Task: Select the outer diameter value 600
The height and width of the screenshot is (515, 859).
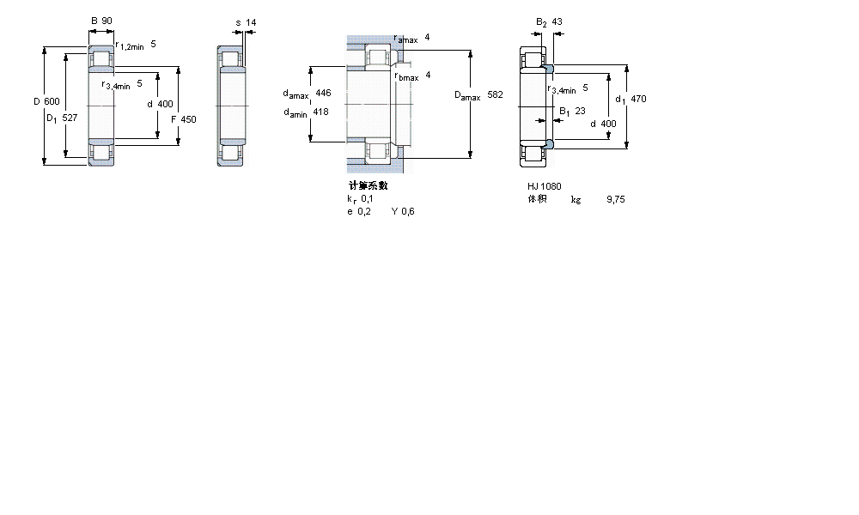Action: click(52, 101)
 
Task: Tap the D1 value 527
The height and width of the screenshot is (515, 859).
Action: click(70, 118)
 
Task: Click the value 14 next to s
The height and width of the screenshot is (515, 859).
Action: click(251, 21)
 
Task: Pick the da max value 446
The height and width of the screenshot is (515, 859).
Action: click(323, 93)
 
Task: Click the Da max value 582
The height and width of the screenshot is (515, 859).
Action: click(495, 94)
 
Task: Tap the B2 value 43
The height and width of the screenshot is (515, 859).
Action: click(558, 21)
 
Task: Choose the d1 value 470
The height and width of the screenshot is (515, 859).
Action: click(637, 99)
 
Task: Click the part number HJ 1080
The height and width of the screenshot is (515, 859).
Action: click(545, 186)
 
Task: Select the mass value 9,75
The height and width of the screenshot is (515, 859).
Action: click(615, 199)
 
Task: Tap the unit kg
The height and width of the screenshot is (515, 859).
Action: click(576, 199)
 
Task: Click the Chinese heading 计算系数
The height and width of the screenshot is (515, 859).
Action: click(368, 185)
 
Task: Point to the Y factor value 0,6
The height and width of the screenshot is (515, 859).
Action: click(409, 211)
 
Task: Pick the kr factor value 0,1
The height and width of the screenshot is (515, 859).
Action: click(367, 198)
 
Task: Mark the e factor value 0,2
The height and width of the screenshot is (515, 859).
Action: click(364, 211)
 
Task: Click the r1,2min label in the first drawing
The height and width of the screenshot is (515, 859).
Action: click(129, 46)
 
